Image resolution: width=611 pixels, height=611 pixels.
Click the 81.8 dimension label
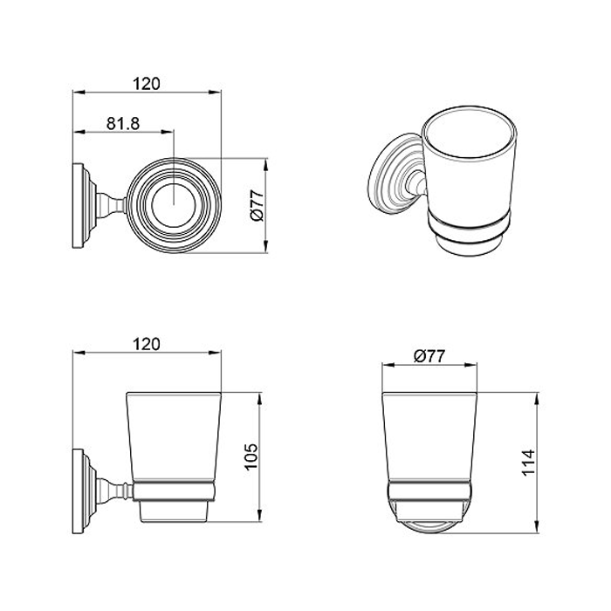[123, 124]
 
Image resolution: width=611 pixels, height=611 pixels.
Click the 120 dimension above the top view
[147, 84]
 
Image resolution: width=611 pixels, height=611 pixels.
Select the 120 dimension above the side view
[147, 345]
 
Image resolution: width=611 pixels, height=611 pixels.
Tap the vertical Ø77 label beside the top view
[257, 205]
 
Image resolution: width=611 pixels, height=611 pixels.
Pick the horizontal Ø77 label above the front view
[429, 356]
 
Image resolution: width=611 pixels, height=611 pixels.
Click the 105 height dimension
[251, 457]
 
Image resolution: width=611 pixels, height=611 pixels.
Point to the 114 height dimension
[528, 462]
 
